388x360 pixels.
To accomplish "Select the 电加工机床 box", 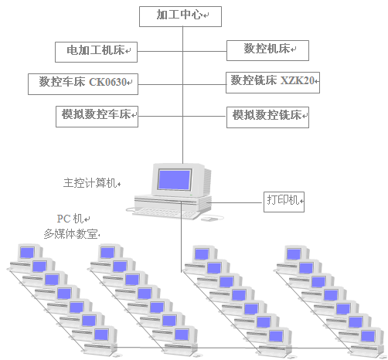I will [97, 52].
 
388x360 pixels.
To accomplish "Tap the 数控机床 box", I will [267, 50].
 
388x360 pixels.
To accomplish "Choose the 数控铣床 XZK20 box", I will [274, 80].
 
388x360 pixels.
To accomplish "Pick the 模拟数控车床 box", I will [97, 117].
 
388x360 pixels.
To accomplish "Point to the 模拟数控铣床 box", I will [268, 117].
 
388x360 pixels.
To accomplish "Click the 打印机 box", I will [284, 202].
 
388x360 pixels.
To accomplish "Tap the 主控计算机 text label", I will [90, 184].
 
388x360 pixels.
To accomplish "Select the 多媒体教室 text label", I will [71, 233].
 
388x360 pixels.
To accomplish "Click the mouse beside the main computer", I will [209, 219].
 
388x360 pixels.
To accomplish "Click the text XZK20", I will [298, 80].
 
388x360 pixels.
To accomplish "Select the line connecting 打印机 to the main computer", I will [236, 202].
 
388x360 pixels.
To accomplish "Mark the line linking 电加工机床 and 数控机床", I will [182, 52].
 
